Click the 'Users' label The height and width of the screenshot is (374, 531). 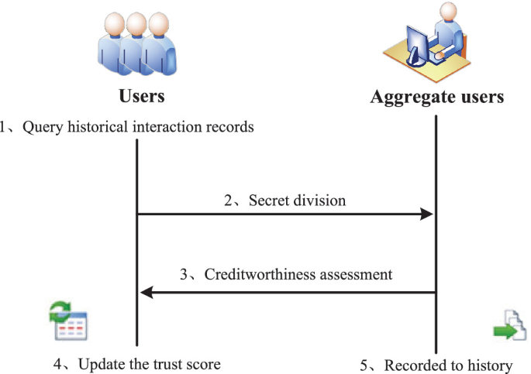click(141, 97)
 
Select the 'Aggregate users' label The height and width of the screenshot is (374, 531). click(437, 97)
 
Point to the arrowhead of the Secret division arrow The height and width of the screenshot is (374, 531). click(426, 214)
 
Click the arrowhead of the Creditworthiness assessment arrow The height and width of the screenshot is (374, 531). click(146, 292)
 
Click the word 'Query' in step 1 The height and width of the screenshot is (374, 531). click(40, 127)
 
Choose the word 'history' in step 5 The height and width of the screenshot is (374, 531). click(490, 365)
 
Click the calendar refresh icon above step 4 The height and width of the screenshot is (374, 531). click(67, 324)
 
